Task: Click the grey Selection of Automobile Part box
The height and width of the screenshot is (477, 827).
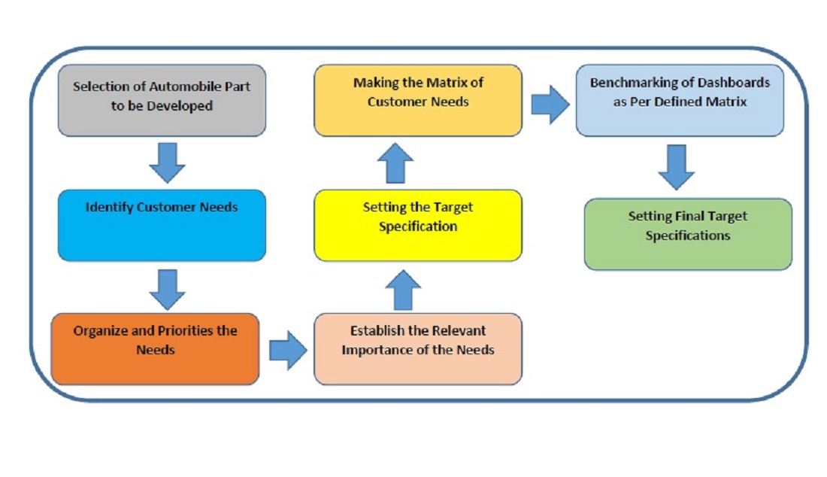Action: click(162, 100)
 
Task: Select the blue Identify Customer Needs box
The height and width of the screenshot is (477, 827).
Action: click(162, 225)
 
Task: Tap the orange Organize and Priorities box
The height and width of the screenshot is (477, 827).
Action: click(155, 349)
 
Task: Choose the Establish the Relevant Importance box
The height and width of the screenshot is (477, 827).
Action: click(418, 349)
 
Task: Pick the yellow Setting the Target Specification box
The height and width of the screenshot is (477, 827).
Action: click(418, 225)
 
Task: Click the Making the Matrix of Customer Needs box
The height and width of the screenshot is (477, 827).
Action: click(418, 100)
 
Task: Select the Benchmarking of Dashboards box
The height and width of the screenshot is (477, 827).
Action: click(680, 100)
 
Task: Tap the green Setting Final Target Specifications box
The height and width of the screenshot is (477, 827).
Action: click(688, 234)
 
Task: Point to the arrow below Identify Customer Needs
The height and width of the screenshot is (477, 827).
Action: click(167, 290)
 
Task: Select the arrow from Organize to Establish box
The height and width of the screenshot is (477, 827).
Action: click(288, 351)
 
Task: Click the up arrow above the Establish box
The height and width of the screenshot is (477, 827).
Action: click(403, 290)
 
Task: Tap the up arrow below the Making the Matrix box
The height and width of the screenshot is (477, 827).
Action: click(395, 163)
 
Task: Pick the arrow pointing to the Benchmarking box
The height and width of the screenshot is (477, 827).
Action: click(550, 105)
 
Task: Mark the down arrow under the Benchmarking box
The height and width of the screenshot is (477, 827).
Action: click(677, 167)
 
